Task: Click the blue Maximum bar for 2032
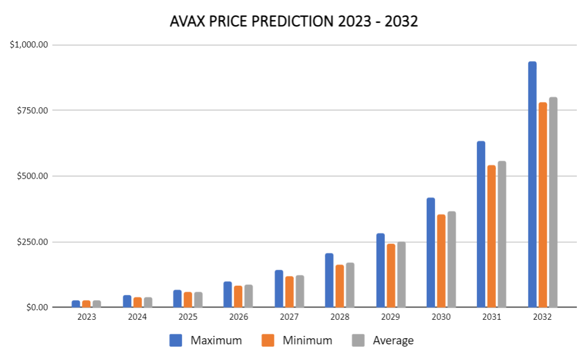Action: point(532,184)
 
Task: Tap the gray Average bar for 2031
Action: point(502,234)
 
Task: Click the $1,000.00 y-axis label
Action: point(29,45)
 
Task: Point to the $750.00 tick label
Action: point(32,111)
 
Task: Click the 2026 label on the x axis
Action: point(238,317)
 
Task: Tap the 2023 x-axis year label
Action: point(86,317)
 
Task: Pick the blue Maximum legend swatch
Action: point(176,340)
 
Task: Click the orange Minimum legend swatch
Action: point(268,340)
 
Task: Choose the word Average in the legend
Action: point(393,340)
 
